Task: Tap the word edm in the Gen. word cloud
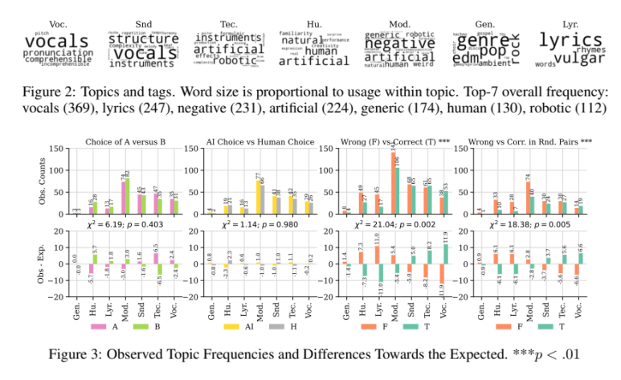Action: coord(467,58)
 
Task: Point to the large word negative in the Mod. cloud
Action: coord(400,43)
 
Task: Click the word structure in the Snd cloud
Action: coord(143,39)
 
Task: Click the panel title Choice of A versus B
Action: coord(125,142)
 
